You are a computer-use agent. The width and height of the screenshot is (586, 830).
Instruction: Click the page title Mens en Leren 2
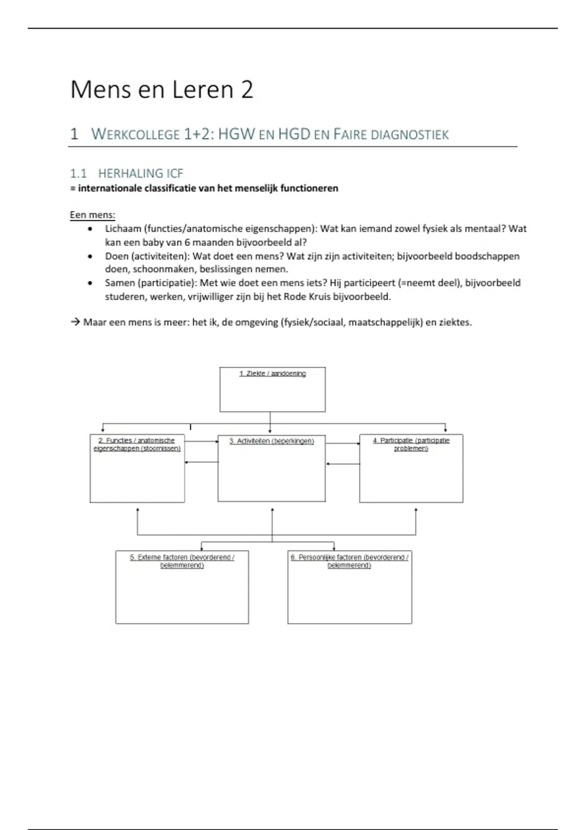[x=162, y=90]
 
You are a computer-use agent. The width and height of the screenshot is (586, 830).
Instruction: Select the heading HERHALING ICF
[x=141, y=173]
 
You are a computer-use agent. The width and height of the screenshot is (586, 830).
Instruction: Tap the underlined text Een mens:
[x=92, y=215]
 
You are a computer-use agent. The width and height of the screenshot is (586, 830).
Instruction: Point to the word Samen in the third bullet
[x=120, y=283]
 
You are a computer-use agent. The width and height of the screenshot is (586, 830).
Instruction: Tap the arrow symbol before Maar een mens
[x=75, y=322]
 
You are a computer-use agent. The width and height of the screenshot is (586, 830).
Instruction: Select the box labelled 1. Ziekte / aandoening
[x=272, y=390]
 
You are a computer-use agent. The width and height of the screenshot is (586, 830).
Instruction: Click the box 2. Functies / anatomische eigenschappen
[x=137, y=468]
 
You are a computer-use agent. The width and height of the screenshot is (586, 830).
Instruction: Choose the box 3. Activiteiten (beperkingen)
[x=272, y=468]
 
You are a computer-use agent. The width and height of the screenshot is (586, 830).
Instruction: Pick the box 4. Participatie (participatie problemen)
[x=411, y=468]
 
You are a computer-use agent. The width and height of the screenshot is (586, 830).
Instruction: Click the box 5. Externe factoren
[x=182, y=587]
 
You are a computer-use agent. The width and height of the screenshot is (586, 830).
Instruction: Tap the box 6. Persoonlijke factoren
[x=350, y=587]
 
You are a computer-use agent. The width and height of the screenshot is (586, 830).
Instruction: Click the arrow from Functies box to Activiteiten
[x=201, y=441]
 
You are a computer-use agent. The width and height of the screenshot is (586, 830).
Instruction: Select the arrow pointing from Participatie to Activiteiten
[x=343, y=464]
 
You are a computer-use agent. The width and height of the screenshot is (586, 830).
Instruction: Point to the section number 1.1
[x=78, y=173]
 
